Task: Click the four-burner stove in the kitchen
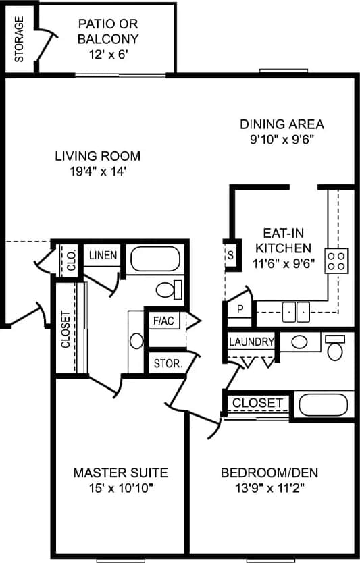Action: [336, 260]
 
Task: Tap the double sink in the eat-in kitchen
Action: [296, 312]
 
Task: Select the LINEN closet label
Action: [103, 255]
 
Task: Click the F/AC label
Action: [163, 321]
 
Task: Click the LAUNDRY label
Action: [251, 342]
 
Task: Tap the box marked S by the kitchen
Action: [230, 256]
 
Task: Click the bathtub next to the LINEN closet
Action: [155, 259]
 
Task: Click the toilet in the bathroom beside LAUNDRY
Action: [334, 348]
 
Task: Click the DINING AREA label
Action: [282, 124]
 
